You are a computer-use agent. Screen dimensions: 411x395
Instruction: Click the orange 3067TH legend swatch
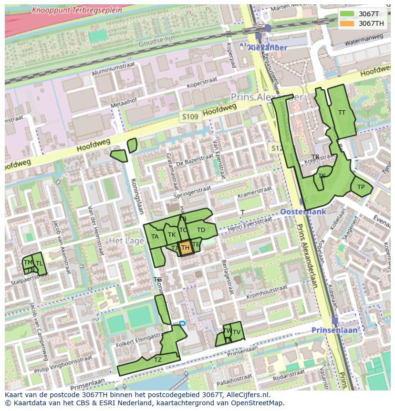click(x=347, y=23)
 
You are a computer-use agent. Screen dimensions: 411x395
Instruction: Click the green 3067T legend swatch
click(x=347, y=14)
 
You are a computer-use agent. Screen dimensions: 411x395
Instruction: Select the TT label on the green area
click(x=342, y=113)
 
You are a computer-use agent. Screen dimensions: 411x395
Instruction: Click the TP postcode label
click(x=361, y=187)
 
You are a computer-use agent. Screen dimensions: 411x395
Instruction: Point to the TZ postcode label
click(x=158, y=359)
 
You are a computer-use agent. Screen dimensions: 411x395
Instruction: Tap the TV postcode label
click(x=236, y=332)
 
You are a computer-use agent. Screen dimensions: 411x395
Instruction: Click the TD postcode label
click(x=201, y=230)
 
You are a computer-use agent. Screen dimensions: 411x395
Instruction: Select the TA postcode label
click(x=155, y=237)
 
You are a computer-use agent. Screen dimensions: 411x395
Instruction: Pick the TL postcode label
click(x=39, y=263)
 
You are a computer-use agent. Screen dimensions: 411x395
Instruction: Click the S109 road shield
click(x=189, y=117)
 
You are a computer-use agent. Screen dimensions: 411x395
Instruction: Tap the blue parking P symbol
click(x=182, y=324)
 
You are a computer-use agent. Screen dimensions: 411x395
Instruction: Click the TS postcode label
click(x=322, y=176)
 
